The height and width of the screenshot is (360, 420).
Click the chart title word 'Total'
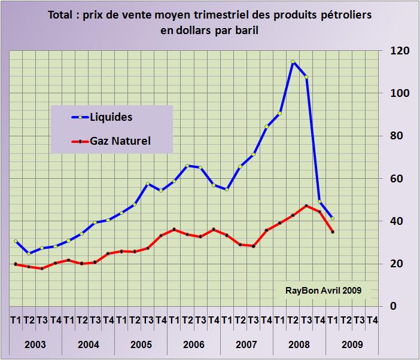pos(62,14)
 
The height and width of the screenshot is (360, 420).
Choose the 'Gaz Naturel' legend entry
pos(120,141)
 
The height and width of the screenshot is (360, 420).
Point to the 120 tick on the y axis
pos(399,51)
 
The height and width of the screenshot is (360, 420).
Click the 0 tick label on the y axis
pos(393,306)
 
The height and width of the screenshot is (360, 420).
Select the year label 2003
pos(35,344)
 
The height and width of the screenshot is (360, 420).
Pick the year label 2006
pos(194,344)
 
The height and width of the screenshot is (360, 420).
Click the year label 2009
pos(352,344)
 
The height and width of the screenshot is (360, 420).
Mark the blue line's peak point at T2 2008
pos(293,62)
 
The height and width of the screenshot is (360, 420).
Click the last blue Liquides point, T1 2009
pos(332,218)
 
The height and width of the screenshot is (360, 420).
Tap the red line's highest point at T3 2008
pos(306,206)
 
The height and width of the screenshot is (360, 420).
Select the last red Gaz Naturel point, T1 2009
pos(332,232)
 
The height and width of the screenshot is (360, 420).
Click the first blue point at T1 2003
pos(16,241)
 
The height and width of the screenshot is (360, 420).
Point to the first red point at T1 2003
pos(16,264)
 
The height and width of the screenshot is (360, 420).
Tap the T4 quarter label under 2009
pos(372,320)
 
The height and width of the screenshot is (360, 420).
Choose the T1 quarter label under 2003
pos(16,320)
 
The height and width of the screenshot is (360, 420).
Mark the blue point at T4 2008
pos(319,201)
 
